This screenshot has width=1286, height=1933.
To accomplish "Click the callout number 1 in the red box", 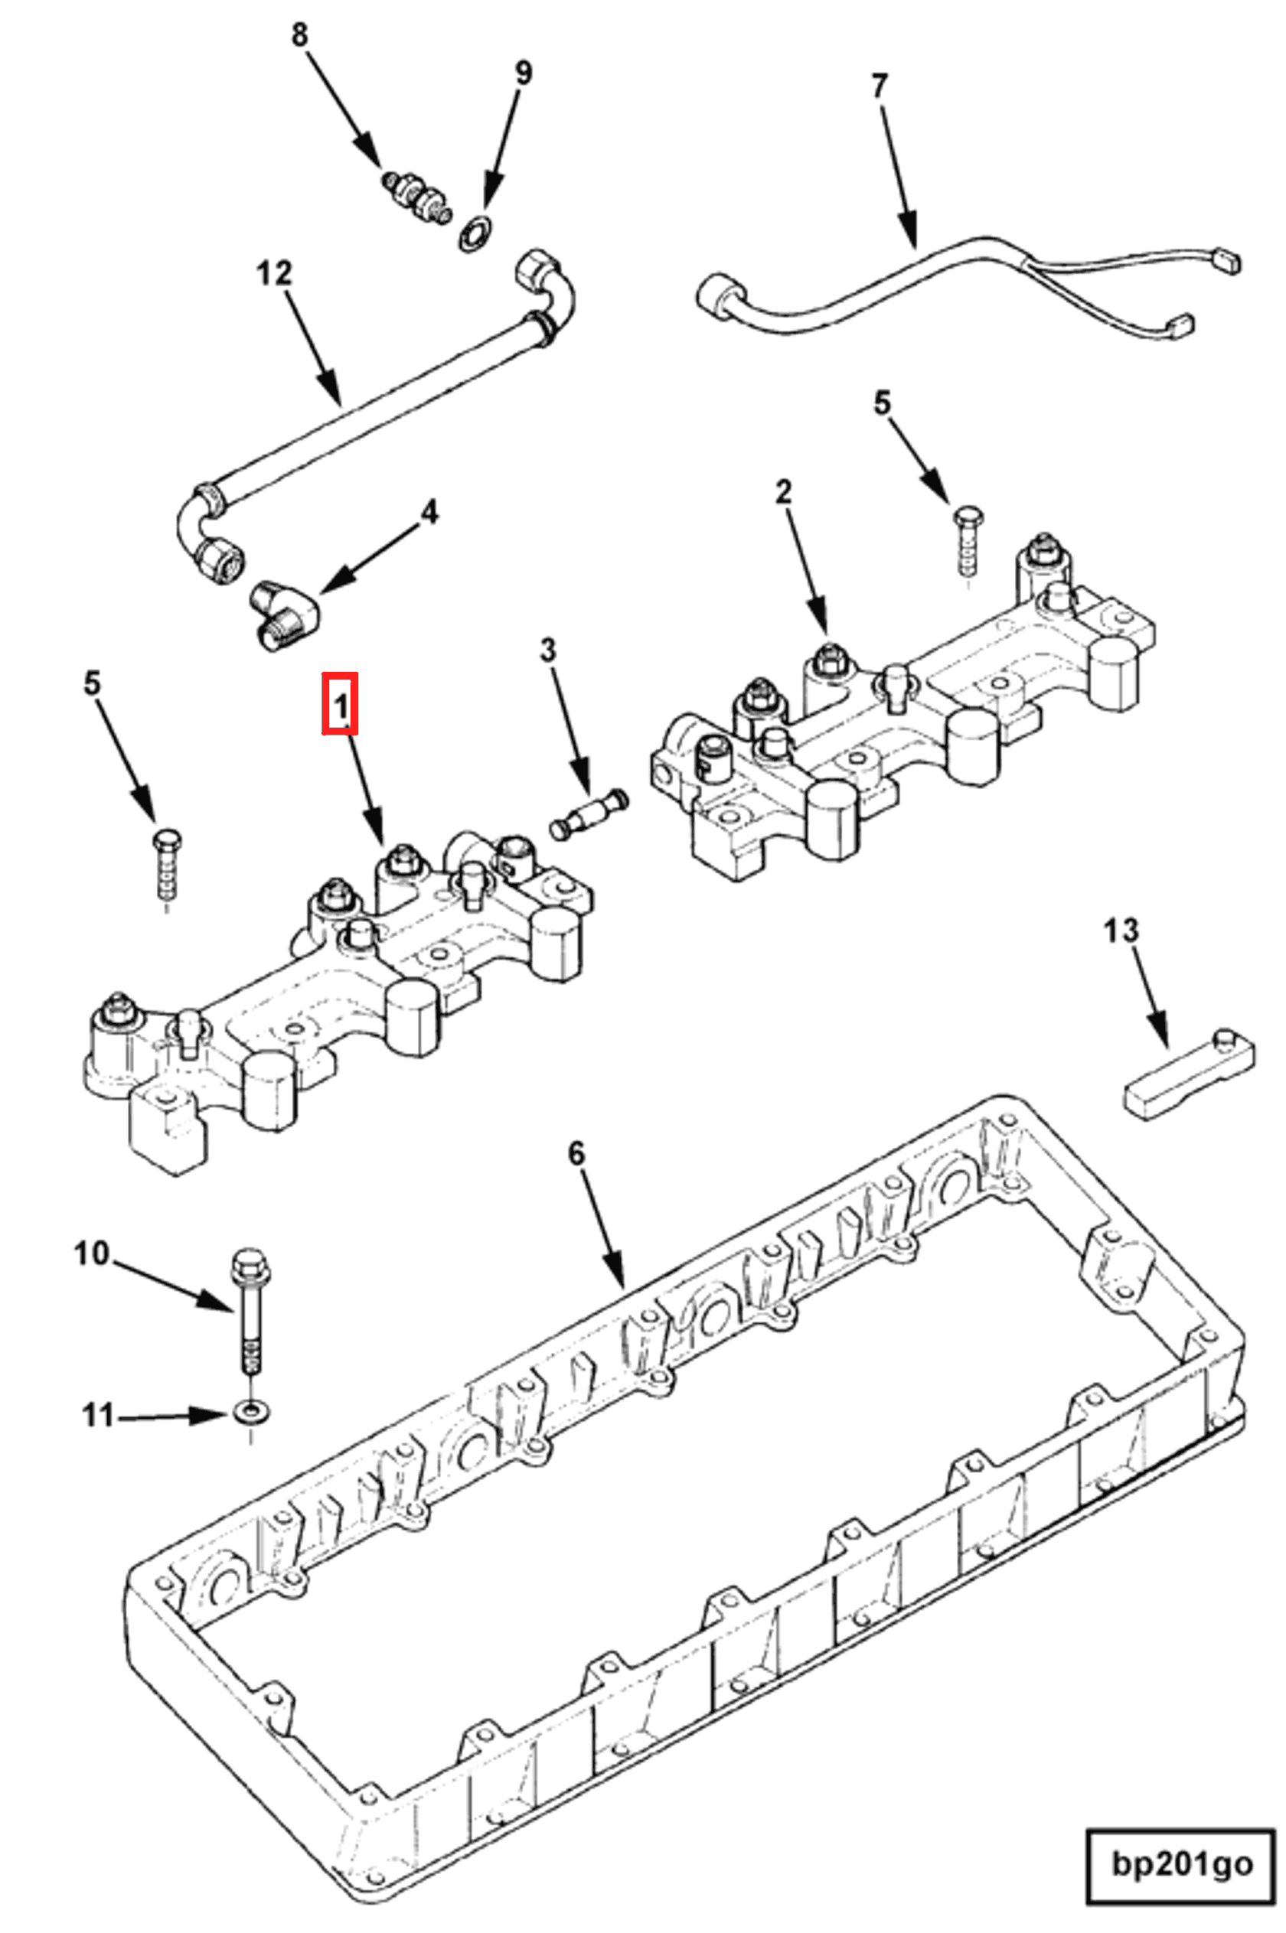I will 340,703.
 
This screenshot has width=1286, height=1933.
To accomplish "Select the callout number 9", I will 522,72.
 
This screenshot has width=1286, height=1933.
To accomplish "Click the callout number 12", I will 274,272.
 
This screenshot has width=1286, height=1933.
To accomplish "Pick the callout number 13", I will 1121,931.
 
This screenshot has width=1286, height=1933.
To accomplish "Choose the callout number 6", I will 576,1154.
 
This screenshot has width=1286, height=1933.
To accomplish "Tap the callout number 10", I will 91,1253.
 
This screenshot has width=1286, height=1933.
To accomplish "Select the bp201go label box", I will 1181,1864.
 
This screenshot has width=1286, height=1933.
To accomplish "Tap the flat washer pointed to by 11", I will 249,1412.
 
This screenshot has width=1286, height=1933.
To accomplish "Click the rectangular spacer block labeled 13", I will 1186,1075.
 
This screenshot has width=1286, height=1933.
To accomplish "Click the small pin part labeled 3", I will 589,816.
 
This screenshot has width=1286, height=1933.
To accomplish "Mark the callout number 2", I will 783,492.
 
